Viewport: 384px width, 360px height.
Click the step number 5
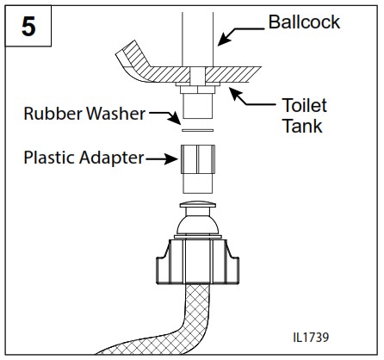pyautogui.click(x=28, y=28)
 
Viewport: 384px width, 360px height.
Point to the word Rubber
pyautogui.click(x=50, y=113)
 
